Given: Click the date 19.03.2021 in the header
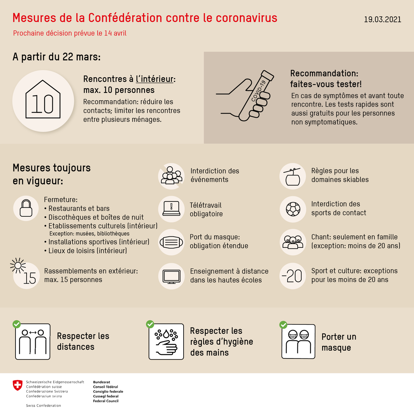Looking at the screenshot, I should [x=383, y=19].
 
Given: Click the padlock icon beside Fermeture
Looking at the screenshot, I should [x=26, y=208].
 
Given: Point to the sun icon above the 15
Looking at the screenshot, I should [x=18, y=265].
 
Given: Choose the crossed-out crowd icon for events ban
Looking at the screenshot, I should [x=171, y=176].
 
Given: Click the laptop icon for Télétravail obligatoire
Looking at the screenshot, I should [x=171, y=209].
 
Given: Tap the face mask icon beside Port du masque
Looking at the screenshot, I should [x=171, y=242].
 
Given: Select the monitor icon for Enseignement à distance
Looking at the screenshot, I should [x=171, y=276].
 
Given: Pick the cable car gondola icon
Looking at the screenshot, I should [x=293, y=177].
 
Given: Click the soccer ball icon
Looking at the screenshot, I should [x=293, y=209].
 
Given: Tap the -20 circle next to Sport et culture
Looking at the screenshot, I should [x=293, y=276].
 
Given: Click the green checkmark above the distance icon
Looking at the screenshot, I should [x=16, y=324].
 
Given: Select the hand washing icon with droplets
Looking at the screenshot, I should [x=166, y=342].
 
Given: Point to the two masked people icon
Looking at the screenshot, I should [x=298, y=342].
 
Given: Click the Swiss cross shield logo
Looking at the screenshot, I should [x=17, y=385].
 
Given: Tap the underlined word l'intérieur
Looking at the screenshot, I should [x=155, y=79].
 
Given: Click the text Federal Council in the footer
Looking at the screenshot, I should [x=106, y=401].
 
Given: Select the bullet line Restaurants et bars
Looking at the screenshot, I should [x=79, y=208].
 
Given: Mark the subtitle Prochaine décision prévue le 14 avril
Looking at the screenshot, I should [x=70, y=33].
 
